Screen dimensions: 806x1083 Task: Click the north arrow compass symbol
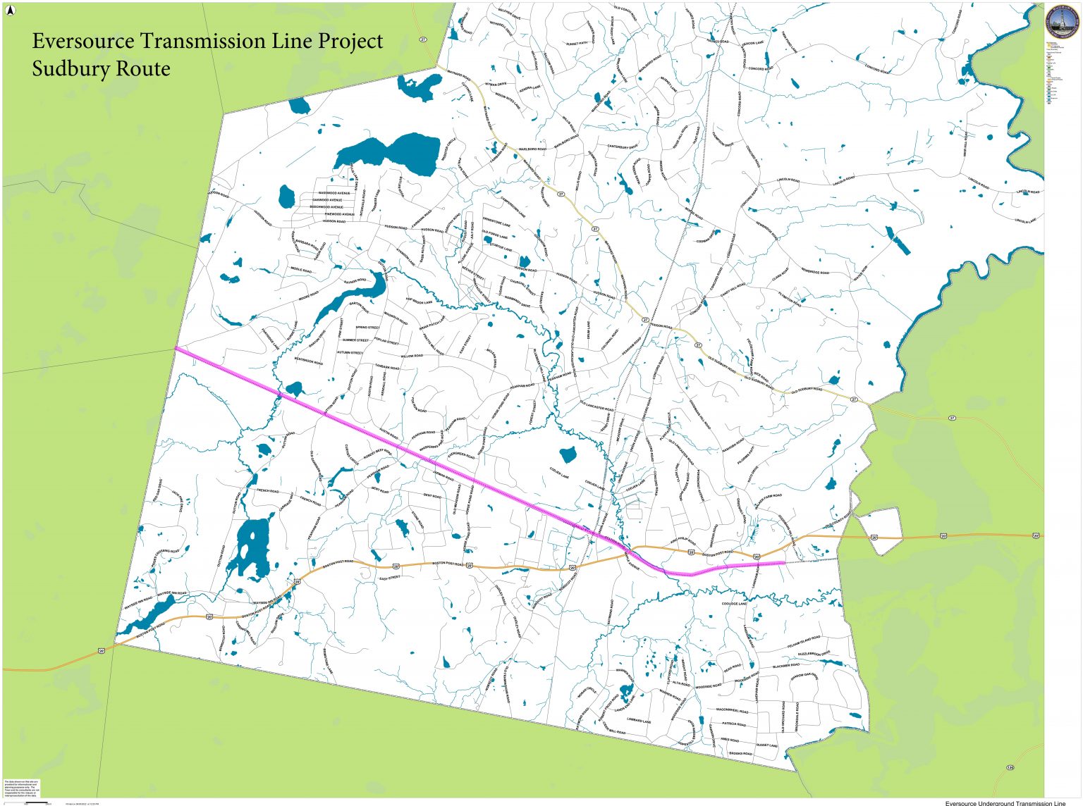10,10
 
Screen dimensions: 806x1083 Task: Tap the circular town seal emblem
1061,23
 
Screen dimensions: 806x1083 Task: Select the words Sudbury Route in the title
101,69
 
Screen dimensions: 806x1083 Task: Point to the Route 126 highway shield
1010,767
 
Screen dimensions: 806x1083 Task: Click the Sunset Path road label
576,43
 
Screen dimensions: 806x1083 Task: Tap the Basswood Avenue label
334,192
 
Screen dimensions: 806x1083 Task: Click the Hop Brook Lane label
419,302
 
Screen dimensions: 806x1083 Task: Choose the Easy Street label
389,578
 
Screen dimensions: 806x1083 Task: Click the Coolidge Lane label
734,604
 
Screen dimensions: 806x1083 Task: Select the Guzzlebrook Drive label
814,654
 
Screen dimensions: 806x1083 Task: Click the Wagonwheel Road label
731,710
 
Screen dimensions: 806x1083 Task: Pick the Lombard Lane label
638,721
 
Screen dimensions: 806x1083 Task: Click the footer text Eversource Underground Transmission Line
1005,802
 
